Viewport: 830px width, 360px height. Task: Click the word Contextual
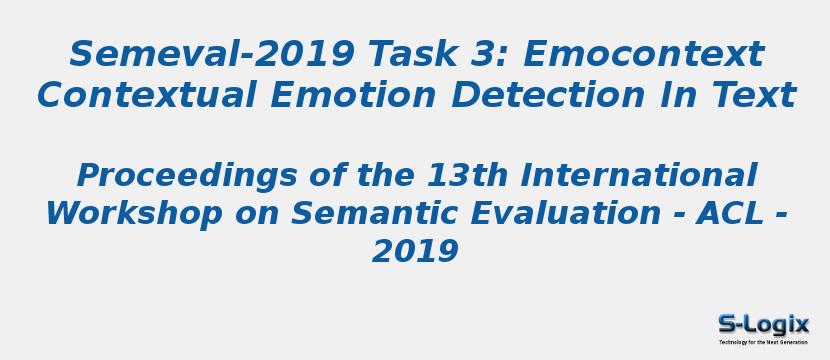click(x=146, y=97)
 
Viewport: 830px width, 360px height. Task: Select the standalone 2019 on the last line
click(x=415, y=252)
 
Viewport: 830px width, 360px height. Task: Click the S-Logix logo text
click(x=763, y=324)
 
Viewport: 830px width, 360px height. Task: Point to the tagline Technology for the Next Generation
click(x=763, y=342)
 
